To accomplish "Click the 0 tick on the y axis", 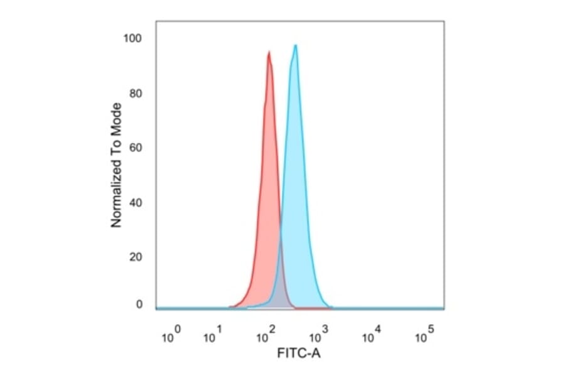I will click(x=139, y=305).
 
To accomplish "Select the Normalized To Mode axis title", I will click(x=116, y=165).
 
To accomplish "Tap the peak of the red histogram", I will click(x=269, y=52).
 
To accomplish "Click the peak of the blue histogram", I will click(x=295, y=45).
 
